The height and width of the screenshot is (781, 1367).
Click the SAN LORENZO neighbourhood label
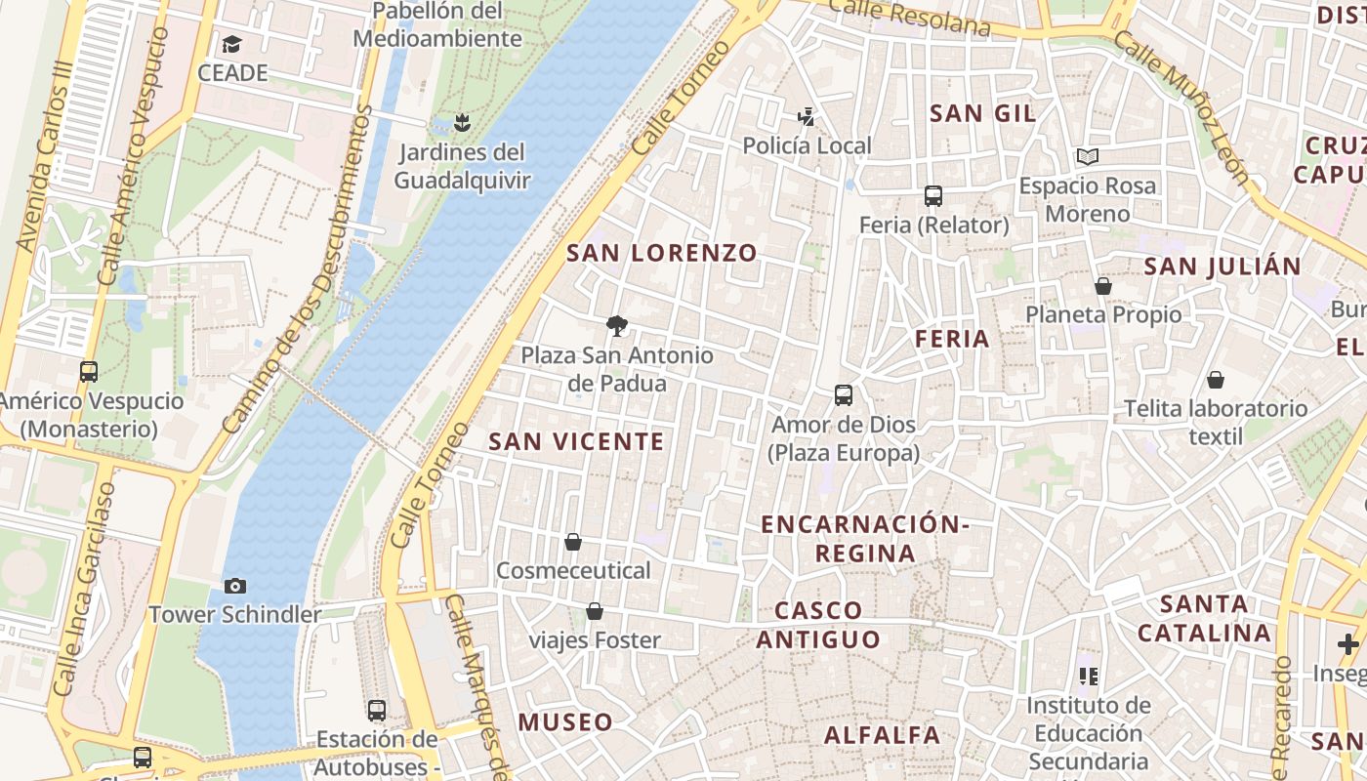pos(662,253)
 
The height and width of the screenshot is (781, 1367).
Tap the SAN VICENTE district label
pos(576,441)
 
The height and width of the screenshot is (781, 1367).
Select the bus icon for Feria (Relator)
pos(933,196)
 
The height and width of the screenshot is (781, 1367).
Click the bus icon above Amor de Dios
pos(844,395)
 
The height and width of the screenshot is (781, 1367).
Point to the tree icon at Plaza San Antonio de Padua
pos(616,325)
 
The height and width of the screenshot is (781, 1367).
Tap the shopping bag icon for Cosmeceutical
pos(573,541)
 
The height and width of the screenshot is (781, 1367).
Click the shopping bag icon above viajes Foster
pos(594,611)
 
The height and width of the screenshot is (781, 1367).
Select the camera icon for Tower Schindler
pos(234,586)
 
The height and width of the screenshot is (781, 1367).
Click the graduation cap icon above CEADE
pos(231,44)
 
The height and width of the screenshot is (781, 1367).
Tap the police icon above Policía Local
pos(807,117)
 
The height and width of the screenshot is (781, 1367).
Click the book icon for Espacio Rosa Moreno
pos(1087,156)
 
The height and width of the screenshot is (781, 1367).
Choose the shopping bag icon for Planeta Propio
pos(1103,286)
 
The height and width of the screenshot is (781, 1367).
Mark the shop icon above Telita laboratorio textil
pos(1216,380)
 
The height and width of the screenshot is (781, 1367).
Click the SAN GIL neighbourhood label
pos(982,113)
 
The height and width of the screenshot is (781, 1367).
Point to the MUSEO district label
pos(565,722)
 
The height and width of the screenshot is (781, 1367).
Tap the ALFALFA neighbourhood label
pos(883,735)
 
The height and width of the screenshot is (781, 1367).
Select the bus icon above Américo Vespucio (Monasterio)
pos(89,372)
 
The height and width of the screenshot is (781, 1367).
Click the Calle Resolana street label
pos(910,18)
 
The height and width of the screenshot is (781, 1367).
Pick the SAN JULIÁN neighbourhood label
pos(1222,267)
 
